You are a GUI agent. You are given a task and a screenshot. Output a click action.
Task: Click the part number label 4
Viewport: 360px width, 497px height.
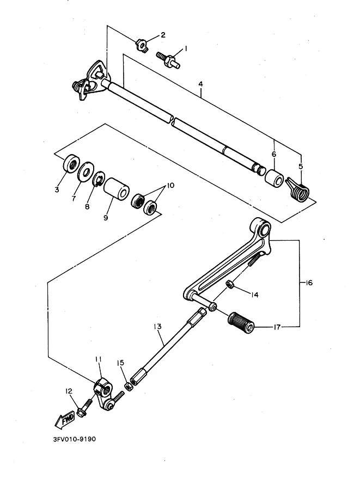(x=200, y=84)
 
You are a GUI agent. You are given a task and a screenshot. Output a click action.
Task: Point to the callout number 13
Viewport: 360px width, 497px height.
(x=157, y=327)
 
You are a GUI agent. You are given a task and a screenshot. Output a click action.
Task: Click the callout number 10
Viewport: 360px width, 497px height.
(x=170, y=186)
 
